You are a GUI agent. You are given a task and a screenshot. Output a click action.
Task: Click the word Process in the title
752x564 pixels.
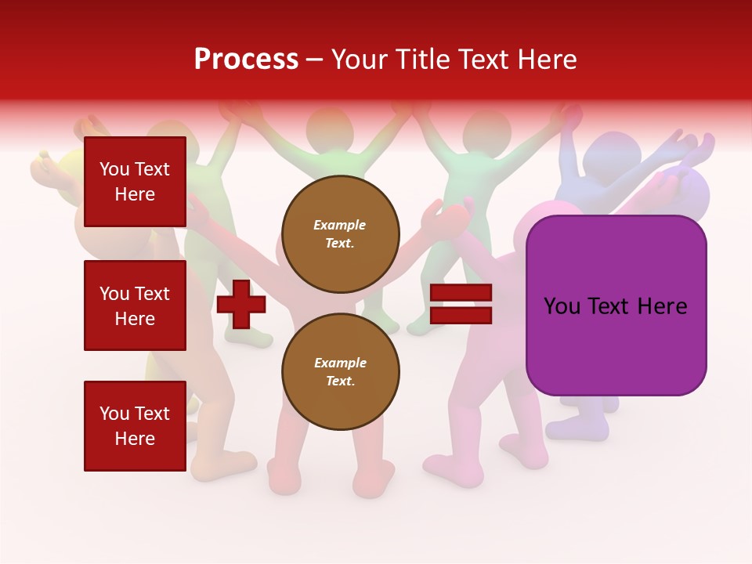[x=246, y=60]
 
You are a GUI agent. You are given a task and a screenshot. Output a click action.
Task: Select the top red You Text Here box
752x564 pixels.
[x=135, y=182]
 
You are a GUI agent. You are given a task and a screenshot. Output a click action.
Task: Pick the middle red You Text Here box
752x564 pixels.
[x=135, y=305]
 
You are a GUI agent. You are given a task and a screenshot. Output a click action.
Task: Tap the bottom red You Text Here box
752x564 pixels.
[x=135, y=425]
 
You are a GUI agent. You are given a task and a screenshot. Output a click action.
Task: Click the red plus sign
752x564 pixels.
[x=241, y=305]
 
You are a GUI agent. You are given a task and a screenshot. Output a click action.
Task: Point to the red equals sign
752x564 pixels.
[x=461, y=305]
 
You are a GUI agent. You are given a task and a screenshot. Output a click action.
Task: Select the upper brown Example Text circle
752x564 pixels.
[x=341, y=234]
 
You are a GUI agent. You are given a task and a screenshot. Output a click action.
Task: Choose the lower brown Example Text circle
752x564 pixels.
[x=341, y=372]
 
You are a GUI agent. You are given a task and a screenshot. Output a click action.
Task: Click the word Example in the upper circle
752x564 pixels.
[x=340, y=226]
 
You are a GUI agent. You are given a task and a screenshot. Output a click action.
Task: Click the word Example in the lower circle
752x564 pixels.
[x=340, y=363]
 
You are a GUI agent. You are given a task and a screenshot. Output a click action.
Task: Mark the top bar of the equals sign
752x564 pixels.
[x=461, y=293]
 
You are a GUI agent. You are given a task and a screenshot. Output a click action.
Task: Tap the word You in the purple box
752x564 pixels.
[x=561, y=306]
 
